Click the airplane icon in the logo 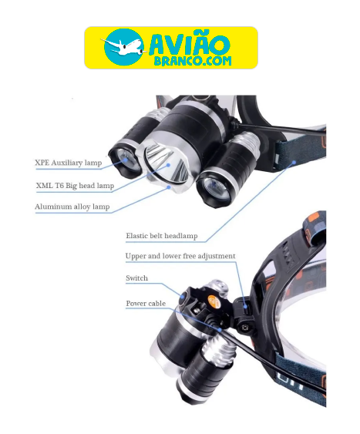pyautogui.click(x=121, y=46)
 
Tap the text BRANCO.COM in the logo pyautogui.click(x=188, y=61)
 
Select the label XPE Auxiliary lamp pyautogui.click(x=68, y=163)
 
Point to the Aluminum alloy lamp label pyautogui.click(x=72, y=207)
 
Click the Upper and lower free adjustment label pyautogui.click(x=180, y=256)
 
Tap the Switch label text pyautogui.click(x=136, y=278)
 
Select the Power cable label pyautogui.click(x=146, y=303)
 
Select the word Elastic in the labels pyautogui.click(x=140, y=236)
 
